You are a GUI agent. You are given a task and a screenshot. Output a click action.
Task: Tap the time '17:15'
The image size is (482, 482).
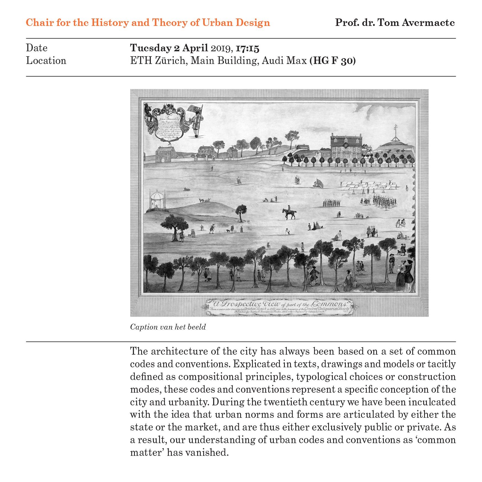(x=247, y=48)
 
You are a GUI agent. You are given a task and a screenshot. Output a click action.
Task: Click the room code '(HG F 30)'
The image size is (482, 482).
(x=333, y=61)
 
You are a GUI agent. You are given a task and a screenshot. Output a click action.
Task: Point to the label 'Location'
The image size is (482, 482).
(x=46, y=61)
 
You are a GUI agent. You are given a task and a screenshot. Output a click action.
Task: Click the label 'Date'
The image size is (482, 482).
(x=37, y=48)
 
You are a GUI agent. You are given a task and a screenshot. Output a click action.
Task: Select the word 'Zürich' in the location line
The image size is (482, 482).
(x=171, y=61)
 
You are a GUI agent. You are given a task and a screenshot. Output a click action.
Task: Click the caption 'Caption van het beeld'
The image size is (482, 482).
(x=168, y=327)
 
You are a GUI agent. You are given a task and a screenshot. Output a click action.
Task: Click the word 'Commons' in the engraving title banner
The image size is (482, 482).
(x=330, y=304)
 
